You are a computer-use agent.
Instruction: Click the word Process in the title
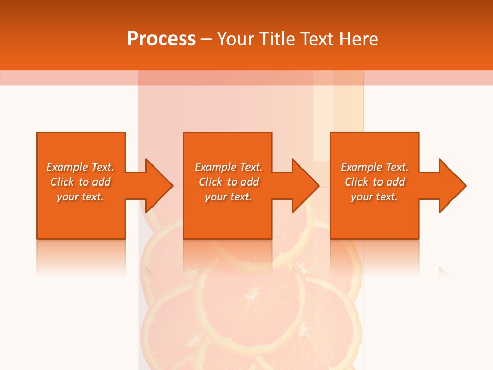pyautogui.click(x=161, y=39)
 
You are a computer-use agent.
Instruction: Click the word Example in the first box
pyautogui.click(x=67, y=167)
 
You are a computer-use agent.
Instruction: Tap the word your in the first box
pyautogui.click(x=67, y=197)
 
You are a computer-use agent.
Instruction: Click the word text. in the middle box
pyautogui.click(x=241, y=197)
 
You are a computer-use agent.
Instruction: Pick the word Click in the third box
pyautogui.click(x=357, y=182)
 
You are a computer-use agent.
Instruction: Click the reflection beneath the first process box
pyautogui.click(x=81, y=257)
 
